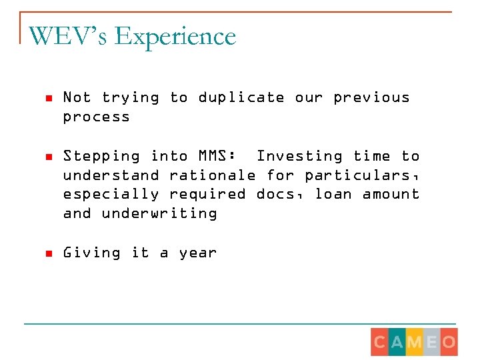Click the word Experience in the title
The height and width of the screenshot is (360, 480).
coord(175,37)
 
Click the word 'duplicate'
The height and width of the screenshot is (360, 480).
coord(241,98)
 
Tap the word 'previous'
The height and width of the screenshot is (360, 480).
coord(371,97)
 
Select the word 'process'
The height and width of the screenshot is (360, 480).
coord(97,117)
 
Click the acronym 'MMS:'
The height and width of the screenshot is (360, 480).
coord(217,156)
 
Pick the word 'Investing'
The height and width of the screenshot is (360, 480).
coord(299,156)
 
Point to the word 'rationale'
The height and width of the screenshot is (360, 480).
coord(213,175)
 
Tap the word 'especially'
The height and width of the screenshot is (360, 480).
coord(111,195)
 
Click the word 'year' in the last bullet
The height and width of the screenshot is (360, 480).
coord(198,253)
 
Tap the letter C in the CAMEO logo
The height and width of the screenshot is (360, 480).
coord(379,343)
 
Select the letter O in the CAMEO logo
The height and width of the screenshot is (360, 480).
coord(449,343)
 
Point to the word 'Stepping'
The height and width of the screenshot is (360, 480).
coord(101,157)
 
